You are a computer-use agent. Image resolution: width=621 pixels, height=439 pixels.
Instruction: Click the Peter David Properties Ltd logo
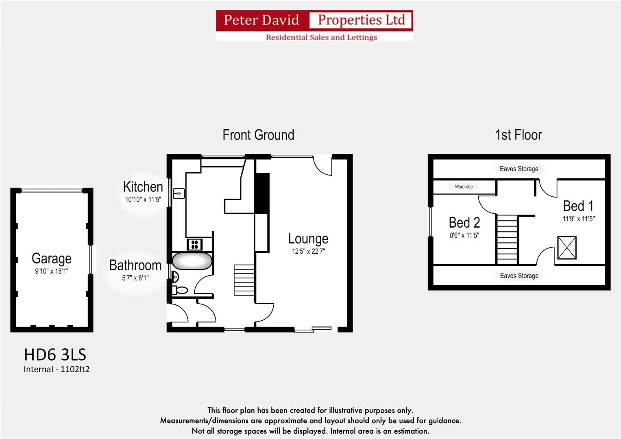pyautogui.click(x=314, y=26)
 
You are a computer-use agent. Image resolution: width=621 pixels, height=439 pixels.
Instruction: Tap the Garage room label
pyautogui.click(x=52, y=259)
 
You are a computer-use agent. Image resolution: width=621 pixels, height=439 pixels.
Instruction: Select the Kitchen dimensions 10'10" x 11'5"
pyautogui.click(x=143, y=200)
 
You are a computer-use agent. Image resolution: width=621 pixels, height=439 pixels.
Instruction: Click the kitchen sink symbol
pyautogui.click(x=179, y=193)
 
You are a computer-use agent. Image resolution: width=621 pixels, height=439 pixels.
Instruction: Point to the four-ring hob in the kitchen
pyautogui.click(x=194, y=244)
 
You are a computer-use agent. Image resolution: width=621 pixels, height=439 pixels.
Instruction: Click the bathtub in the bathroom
pyautogui.click(x=192, y=261)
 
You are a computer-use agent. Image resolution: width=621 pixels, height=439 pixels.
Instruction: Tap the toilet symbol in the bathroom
pyautogui.click(x=180, y=290)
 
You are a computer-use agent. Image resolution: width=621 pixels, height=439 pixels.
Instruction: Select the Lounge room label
pyautogui.click(x=308, y=239)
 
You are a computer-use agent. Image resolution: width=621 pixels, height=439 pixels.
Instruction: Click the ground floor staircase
pyautogui.click(x=244, y=280)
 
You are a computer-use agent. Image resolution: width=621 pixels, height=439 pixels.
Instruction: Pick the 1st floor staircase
pyautogui.click(x=507, y=239)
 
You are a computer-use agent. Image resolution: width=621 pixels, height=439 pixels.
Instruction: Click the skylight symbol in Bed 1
pyautogui.click(x=567, y=248)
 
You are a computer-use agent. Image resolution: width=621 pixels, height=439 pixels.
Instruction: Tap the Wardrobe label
pyautogui.click(x=464, y=187)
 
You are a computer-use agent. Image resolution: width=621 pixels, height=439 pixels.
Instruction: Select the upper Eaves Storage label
pyautogui.click(x=519, y=169)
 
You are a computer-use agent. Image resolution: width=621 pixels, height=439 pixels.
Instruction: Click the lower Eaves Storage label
pyautogui.click(x=519, y=276)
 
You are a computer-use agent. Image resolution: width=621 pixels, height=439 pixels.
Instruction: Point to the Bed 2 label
pyautogui.click(x=464, y=223)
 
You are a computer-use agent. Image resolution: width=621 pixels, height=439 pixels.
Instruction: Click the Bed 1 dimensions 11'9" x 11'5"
pyautogui.click(x=578, y=219)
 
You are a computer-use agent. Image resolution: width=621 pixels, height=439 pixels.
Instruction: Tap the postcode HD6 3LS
pyautogui.click(x=55, y=355)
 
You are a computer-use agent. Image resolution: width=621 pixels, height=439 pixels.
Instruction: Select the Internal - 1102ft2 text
pyautogui.click(x=57, y=369)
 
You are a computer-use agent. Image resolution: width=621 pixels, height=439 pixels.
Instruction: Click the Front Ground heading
pyautogui.click(x=258, y=135)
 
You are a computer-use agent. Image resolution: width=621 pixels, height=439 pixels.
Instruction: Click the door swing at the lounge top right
pyautogui.click(x=323, y=166)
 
